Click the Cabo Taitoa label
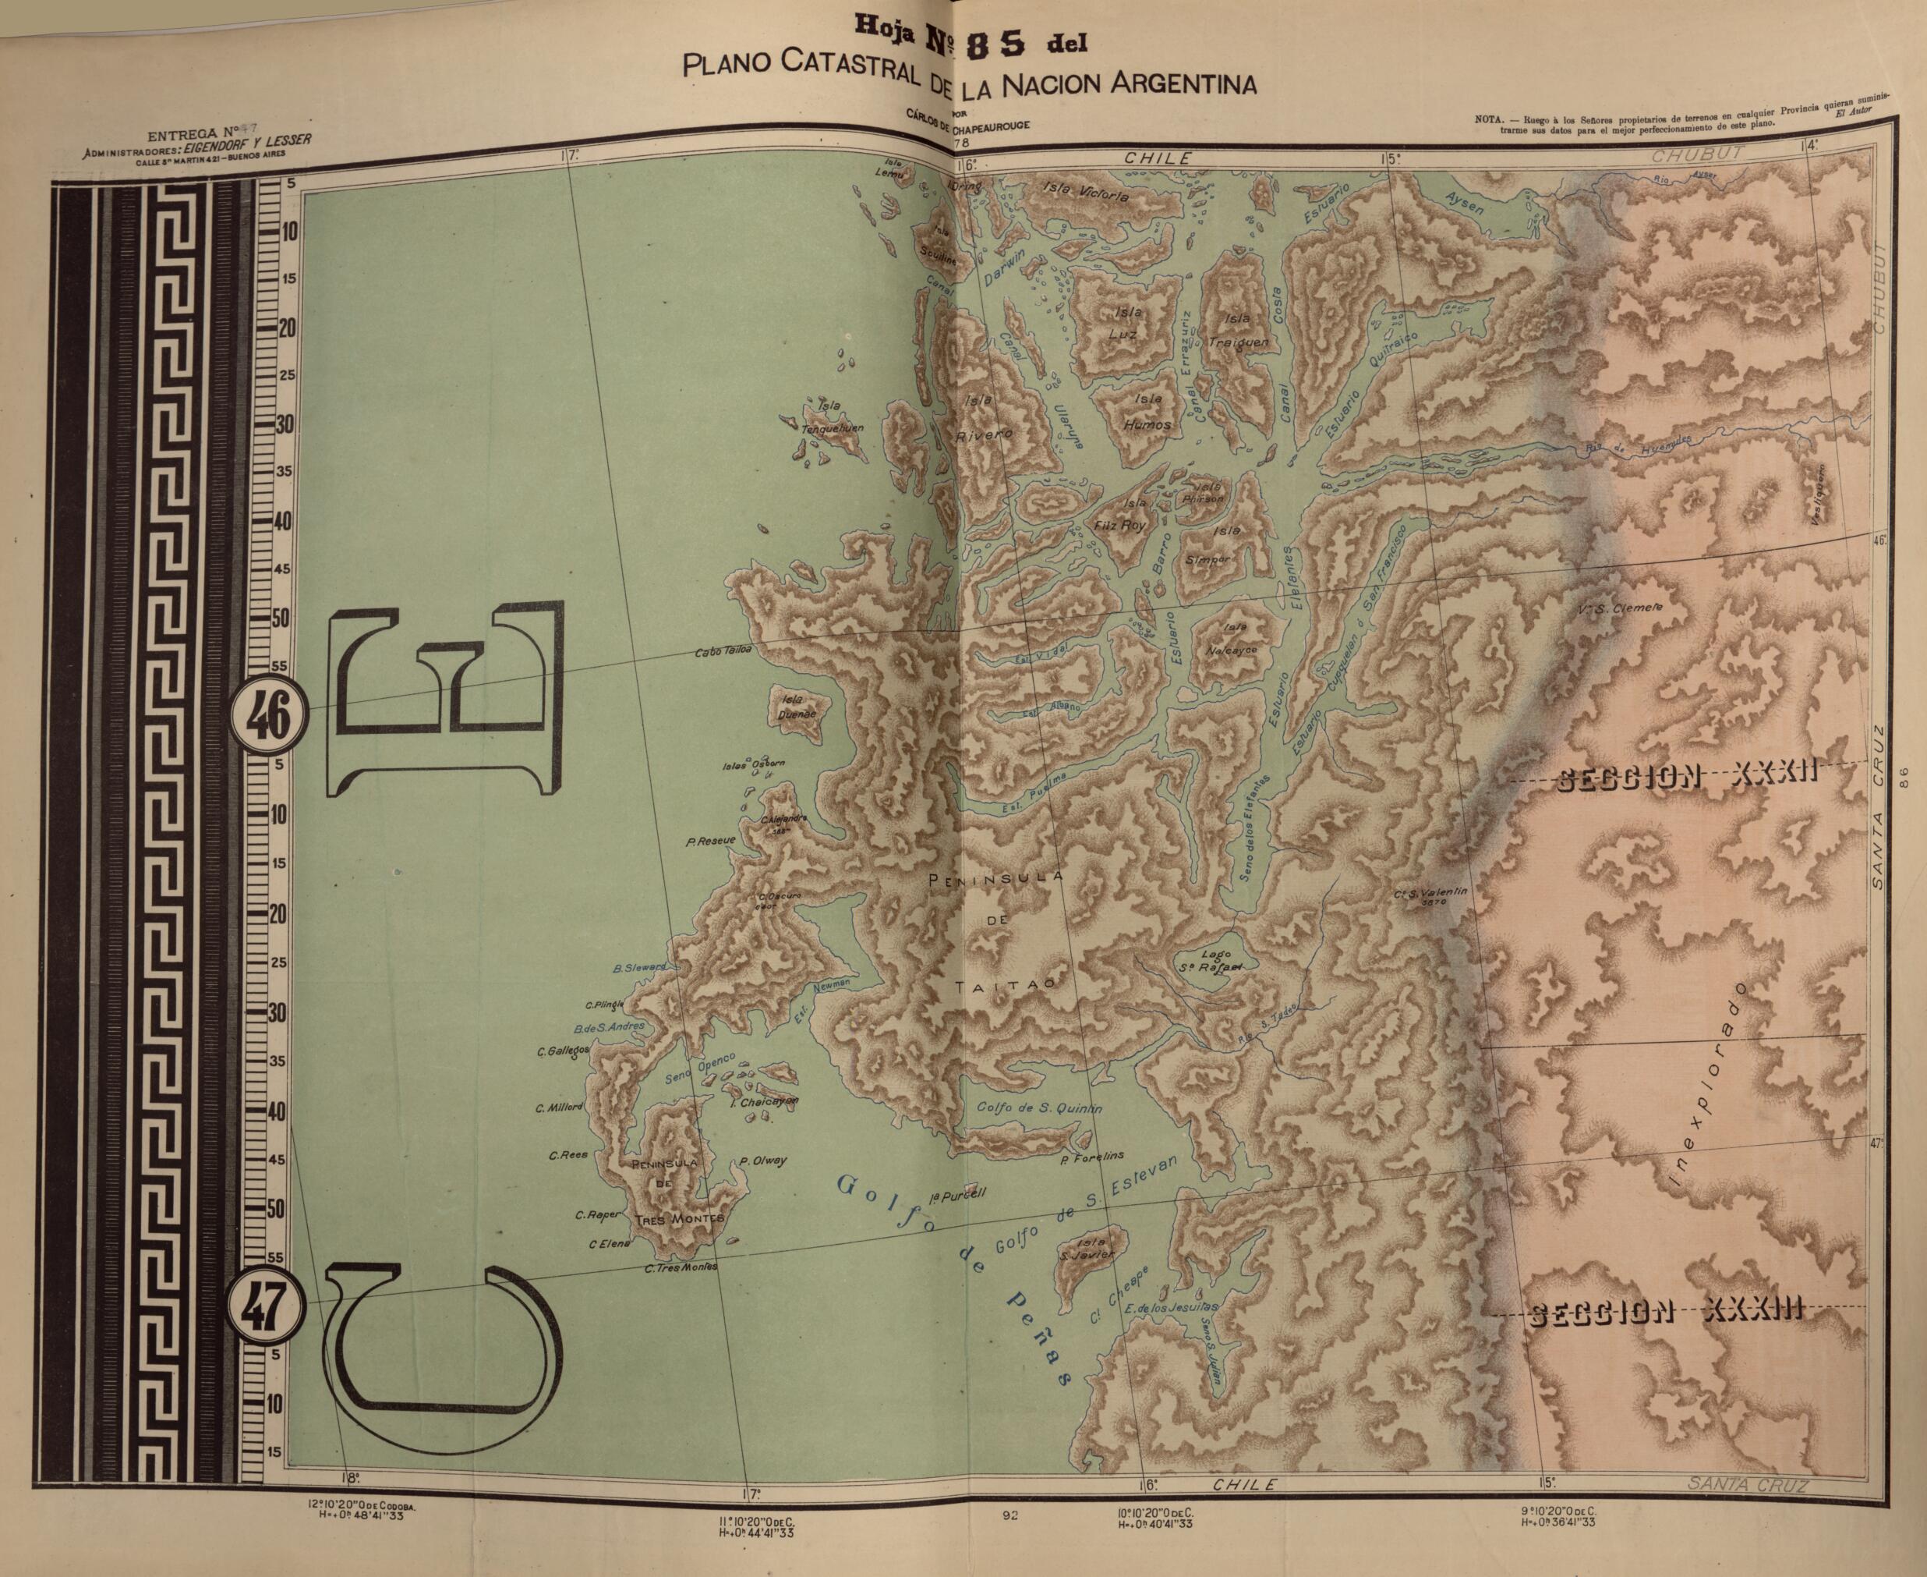[x=723, y=652]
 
